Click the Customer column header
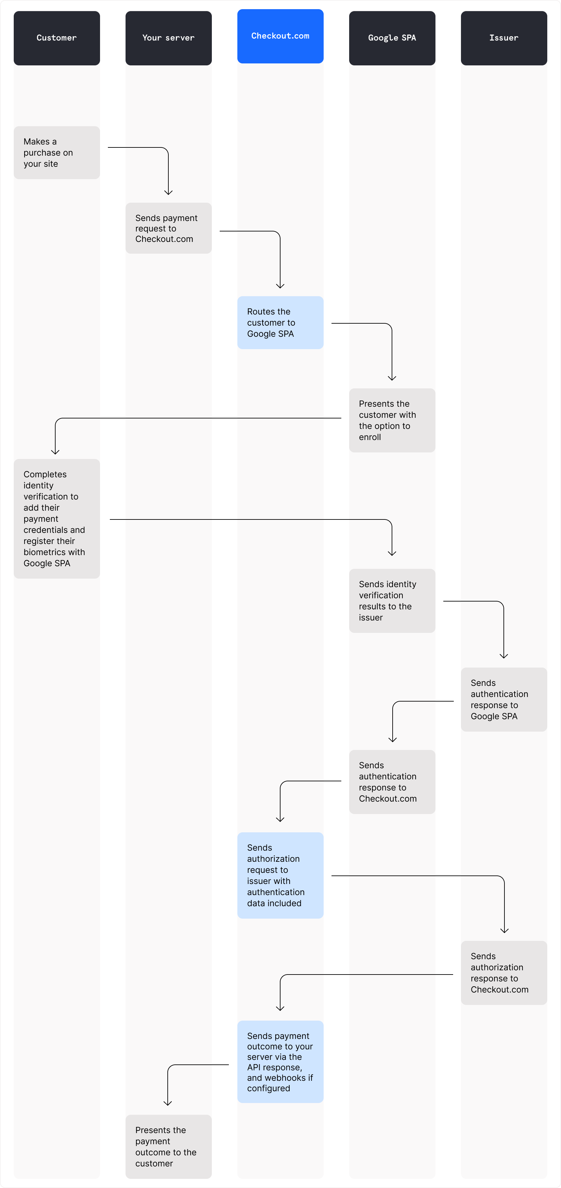pyautogui.click(x=57, y=38)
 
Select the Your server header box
pyautogui.click(x=168, y=38)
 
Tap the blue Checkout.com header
pyautogui.click(x=280, y=36)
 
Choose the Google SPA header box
pyautogui.click(x=392, y=38)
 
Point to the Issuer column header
pyautogui.click(x=504, y=38)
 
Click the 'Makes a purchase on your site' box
pyautogui.click(x=57, y=153)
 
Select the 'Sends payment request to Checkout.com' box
pyautogui.click(x=168, y=228)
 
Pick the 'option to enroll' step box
pyautogui.click(x=392, y=420)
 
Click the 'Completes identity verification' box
pyautogui.click(x=57, y=518)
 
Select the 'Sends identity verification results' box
pyautogui.click(x=392, y=601)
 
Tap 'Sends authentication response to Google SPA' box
pyautogui.click(x=504, y=699)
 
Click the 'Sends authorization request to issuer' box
pyautogui.click(x=280, y=875)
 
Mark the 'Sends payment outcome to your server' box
pyautogui.click(x=280, y=1061)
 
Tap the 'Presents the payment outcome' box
pyautogui.click(x=168, y=1146)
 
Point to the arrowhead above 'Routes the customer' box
pyautogui.click(x=280, y=286)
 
